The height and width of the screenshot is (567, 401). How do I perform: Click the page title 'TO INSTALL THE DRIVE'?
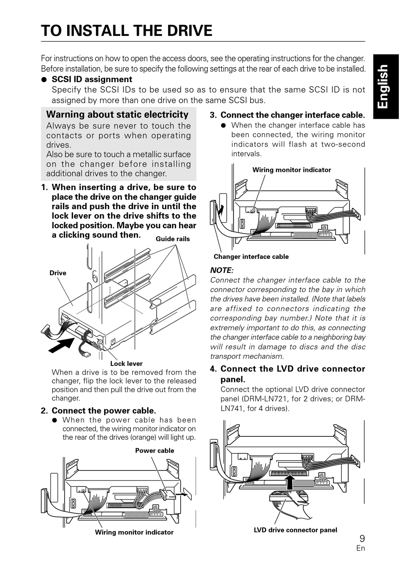tap(127, 31)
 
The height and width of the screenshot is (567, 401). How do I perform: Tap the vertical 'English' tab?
tap(382, 86)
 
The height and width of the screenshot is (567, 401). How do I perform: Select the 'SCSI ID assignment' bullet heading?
tap(92, 79)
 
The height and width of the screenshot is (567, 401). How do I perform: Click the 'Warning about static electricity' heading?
tap(117, 115)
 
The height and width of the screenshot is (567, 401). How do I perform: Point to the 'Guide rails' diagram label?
tap(173, 239)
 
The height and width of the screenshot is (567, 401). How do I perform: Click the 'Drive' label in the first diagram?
tap(58, 273)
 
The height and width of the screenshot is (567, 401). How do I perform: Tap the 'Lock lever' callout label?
tap(126, 363)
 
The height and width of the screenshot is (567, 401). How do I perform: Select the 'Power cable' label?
tap(154, 451)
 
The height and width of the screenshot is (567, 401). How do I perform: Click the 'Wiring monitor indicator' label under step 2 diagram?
tap(134, 532)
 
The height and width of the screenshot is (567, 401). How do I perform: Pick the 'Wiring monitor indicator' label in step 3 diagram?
tap(292, 170)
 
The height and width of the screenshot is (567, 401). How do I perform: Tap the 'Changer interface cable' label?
tap(251, 257)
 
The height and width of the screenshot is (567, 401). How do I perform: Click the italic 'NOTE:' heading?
tap(222, 270)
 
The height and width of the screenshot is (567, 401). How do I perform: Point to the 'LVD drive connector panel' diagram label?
tap(295, 530)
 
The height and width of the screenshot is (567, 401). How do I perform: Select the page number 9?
tap(362, 538)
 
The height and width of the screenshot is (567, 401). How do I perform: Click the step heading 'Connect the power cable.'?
tap(104, 411)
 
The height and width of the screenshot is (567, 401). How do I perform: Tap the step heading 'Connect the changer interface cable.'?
tap(293, 115)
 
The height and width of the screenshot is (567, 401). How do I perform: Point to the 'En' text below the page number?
tap(360, 548)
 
